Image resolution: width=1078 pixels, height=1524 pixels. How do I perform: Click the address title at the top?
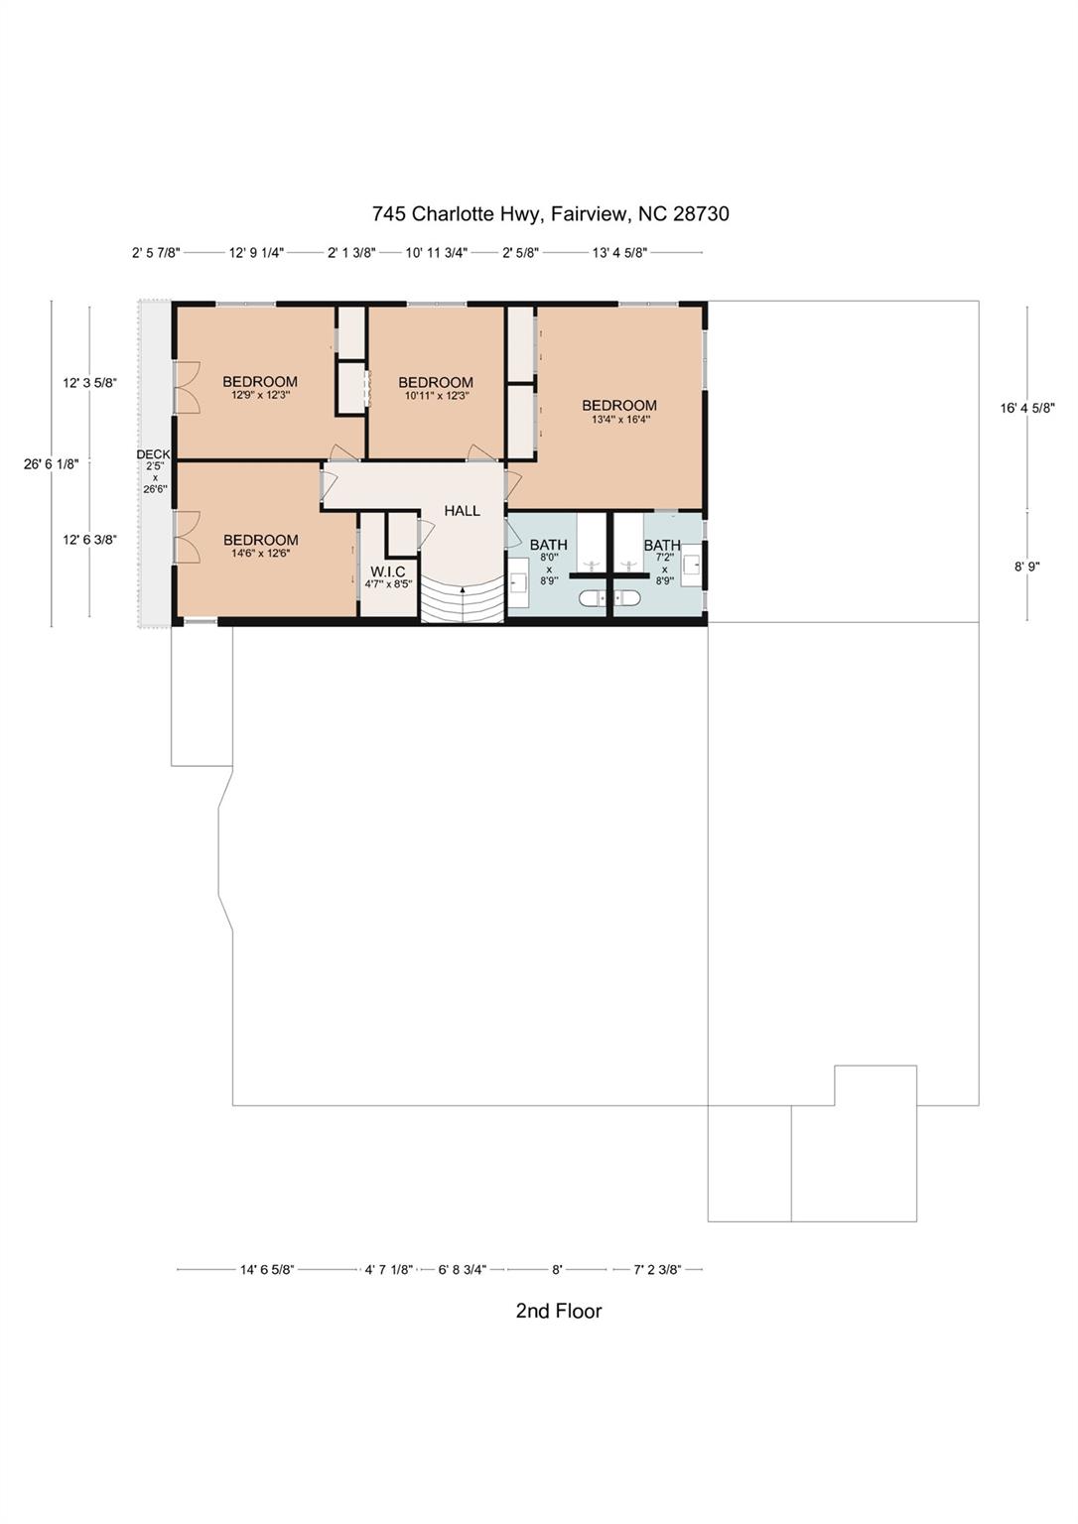click(551, 213)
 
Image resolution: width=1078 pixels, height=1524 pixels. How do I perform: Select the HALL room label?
click(463, 510)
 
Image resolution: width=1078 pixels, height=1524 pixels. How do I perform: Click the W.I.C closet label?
click(388, 571)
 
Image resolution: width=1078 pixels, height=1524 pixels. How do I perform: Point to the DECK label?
click(153, 454)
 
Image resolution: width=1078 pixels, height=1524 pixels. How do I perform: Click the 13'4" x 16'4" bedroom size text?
click(620, 420)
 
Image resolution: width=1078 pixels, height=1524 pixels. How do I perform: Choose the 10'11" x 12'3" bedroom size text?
click(436, 395)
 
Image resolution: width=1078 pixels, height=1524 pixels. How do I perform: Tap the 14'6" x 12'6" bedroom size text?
click(261, 553)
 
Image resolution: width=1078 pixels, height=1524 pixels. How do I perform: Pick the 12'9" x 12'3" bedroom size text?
click(259, 395)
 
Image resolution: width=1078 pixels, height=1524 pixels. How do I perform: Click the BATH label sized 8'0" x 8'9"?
click(549, 545)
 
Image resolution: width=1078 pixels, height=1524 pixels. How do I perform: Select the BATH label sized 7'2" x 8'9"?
click(662, 545)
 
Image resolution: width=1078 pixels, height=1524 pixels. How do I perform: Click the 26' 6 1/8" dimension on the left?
click(52, 464)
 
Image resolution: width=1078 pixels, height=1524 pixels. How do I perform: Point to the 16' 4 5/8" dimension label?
click(1027, 408)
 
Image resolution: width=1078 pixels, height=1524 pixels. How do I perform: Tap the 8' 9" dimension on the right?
click(1027, 567)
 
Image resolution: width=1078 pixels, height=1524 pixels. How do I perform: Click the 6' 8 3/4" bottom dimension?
click(463, 1270)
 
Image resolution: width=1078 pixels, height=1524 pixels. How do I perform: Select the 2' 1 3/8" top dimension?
click(351, 253)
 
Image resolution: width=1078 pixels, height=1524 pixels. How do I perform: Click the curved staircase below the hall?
click(463, 602)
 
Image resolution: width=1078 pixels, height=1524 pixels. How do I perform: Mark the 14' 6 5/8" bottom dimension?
click(267, 1270)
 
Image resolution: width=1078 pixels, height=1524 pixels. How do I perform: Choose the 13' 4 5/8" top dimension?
click(619, 253)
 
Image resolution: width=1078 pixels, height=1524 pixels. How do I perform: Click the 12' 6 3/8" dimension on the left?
click(89, 540)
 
